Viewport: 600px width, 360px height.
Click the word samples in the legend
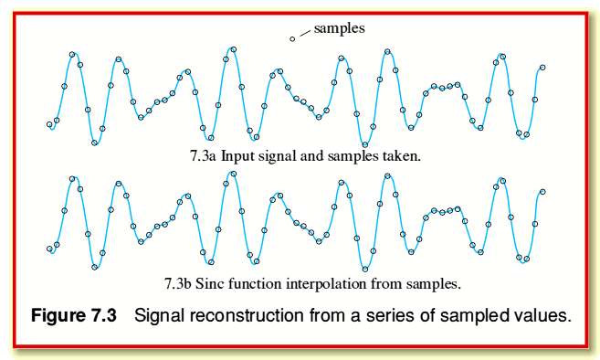click(339, 28)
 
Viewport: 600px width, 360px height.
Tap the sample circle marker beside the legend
click(292, 38)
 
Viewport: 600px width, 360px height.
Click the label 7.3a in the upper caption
click(203, 156)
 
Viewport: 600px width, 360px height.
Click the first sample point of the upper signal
click(49, 124)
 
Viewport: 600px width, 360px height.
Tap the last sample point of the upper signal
click(542, 67)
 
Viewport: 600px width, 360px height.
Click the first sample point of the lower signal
click(49, 249)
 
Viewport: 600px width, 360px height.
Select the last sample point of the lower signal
click(542, 192)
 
